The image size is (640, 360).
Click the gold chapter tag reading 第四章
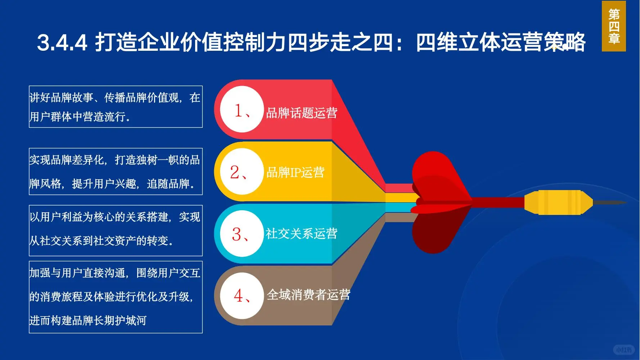(x=614, y=26)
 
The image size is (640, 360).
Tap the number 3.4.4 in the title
(x=62, y=42)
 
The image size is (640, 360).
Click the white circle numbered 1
(x=242, y=109)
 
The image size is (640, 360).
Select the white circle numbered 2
(x=242, y=171)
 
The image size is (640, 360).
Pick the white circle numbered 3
(x=242, y=234)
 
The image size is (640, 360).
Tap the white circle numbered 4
(x=242, y=296)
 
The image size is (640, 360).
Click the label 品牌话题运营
(x=302, y=113)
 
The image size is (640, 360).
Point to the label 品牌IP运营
(x=295, y=172)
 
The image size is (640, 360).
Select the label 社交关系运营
(x=302, y=234)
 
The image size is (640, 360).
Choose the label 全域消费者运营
(x=308, y=295)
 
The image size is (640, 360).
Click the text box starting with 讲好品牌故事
(x=116, y=107)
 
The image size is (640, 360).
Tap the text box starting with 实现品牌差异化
(x=116, y=171)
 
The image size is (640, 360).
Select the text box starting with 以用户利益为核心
(x=116, y=230)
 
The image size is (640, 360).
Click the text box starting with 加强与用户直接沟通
(x=116, y=297)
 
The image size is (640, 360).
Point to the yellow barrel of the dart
(x=558, y=202)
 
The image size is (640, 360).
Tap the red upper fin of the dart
(x=436, y=173)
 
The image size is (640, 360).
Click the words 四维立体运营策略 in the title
(x=500, y=42)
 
